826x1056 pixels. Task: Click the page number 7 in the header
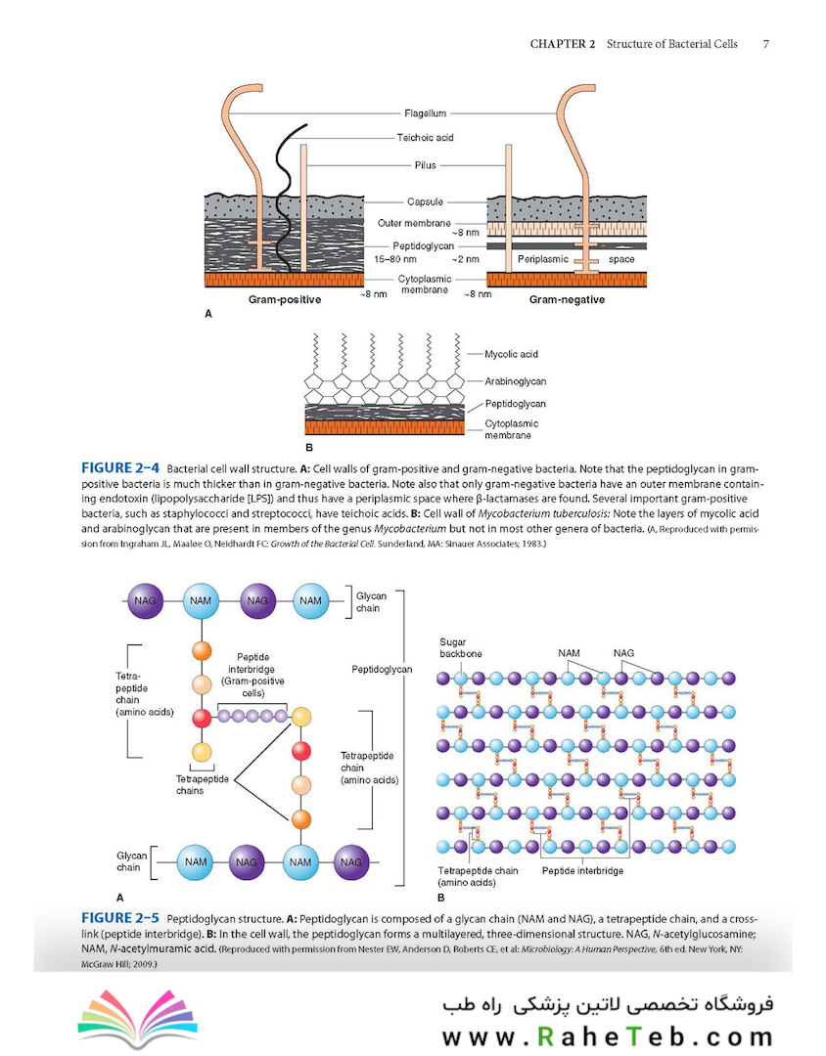pyautogui.click(x=766, y=44)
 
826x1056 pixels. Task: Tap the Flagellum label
pyautogui.click(x=426, y=113)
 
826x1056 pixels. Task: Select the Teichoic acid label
pyautogui.click(x=425, y=138)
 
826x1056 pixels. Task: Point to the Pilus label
pyautogui.click(x=426, y=165)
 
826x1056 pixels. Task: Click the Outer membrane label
pyautogui.click(x=414, y=223)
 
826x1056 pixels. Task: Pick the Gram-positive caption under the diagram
pyautogui.click(x=285, y=300)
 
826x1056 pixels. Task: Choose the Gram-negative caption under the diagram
pyautogui.click(x=567, y=300)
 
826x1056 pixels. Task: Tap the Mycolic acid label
pyautogui.click(x=511, y=354)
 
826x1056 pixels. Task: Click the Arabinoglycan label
pyautogui.click(x=515, y=381)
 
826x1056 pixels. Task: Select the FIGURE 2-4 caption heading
pyautogui.click(x=120, y=468)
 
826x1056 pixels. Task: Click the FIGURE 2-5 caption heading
pyautogui.click(x=120, y=918)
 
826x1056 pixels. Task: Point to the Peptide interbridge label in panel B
pyautogui.click(x=582, y=871)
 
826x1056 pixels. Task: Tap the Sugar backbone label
pyautogui.click(x=461, y=648)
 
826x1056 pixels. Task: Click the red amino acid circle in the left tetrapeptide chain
pyautogui.click(x=202, y=718)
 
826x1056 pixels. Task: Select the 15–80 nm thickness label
pyautogui.click(x=395, y=259)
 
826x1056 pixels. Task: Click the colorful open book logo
pyautogui.click(x=138, y=1018)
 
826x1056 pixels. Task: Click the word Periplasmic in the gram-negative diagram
pyautogui.click(x=543, y=259)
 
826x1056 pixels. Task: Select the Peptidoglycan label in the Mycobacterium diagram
pyautogui.click(x=515, y=404)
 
